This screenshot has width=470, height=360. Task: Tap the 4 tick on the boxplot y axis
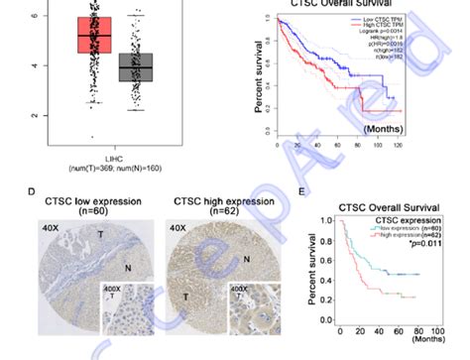point(37,65)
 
